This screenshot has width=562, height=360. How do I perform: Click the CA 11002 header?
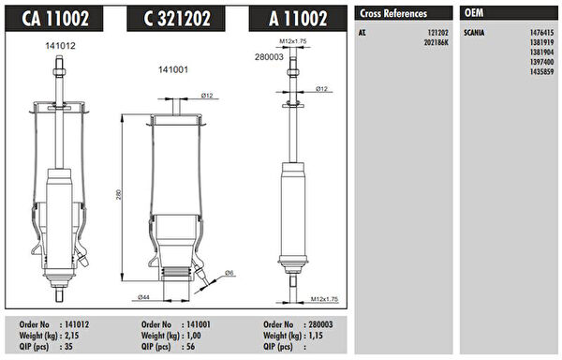[55, 19]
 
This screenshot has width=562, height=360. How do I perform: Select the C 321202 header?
[177, 19]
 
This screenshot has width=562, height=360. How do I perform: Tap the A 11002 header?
[298, 19]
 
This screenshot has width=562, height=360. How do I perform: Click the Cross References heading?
[393, 14]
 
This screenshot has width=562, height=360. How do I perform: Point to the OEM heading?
[474, 13]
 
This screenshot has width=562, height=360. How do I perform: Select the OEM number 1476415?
[542, 33]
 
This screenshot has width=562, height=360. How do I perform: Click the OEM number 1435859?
[542, 71]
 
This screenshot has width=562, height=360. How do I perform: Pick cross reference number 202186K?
[436, 43]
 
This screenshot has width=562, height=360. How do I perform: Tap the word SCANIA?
[474, 33]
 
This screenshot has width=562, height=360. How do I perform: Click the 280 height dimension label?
[119, 194]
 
